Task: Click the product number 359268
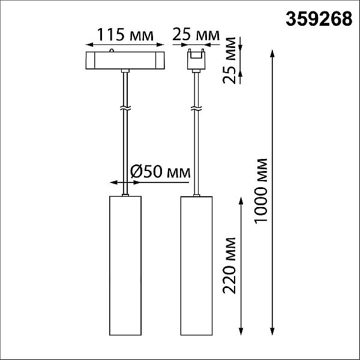click(x=319, y=19)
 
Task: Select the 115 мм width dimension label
click(x=125, y=35)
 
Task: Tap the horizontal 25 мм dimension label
click(x=196, y=34)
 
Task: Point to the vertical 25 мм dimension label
click(x=229, y=60)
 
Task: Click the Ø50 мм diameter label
click(x=160, y=172)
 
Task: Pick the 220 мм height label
click(x=229, y=266)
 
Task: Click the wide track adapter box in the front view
click(x=125, y=60)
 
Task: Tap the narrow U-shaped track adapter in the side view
click(x=196, y=59)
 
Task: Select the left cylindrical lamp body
click(x=125, y=266)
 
